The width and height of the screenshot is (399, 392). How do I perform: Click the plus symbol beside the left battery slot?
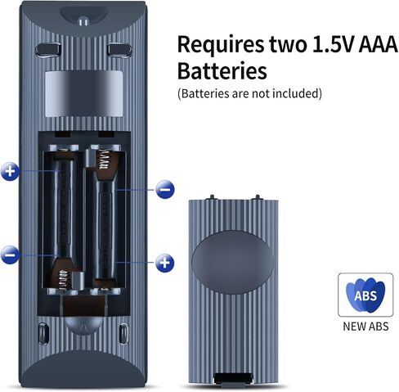[x=10, y=172]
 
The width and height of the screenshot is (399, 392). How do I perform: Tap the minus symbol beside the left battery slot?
[x=10, y=255]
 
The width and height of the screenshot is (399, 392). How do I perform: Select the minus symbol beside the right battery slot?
[x=165, y=189]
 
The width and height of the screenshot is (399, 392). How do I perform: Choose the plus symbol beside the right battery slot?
[x=165, y=263]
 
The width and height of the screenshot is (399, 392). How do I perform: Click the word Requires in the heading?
[x=221, y=45]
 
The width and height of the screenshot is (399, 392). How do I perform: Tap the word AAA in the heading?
[x=379, y=44]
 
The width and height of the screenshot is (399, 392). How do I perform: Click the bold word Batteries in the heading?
[x=222, y=70]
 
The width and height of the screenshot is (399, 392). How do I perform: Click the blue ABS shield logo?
[x=365, y=295]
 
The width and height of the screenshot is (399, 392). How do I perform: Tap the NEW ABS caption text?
[x=365, y=327]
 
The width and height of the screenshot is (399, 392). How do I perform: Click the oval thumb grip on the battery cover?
[x=232, y=262]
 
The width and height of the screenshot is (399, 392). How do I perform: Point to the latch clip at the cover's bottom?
[x=232, y=380]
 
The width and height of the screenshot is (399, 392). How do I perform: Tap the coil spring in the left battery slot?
[x=65, y=279]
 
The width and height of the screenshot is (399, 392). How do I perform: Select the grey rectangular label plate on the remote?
[x=84, y=93]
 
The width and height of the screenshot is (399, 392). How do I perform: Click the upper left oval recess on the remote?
[x=48, y=50]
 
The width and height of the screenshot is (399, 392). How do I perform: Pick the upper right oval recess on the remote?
[x=119, y=50]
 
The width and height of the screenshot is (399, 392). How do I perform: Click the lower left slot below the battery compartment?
[x=43, y=334]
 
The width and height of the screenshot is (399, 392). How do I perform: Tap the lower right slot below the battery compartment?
[x=123, y=334]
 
